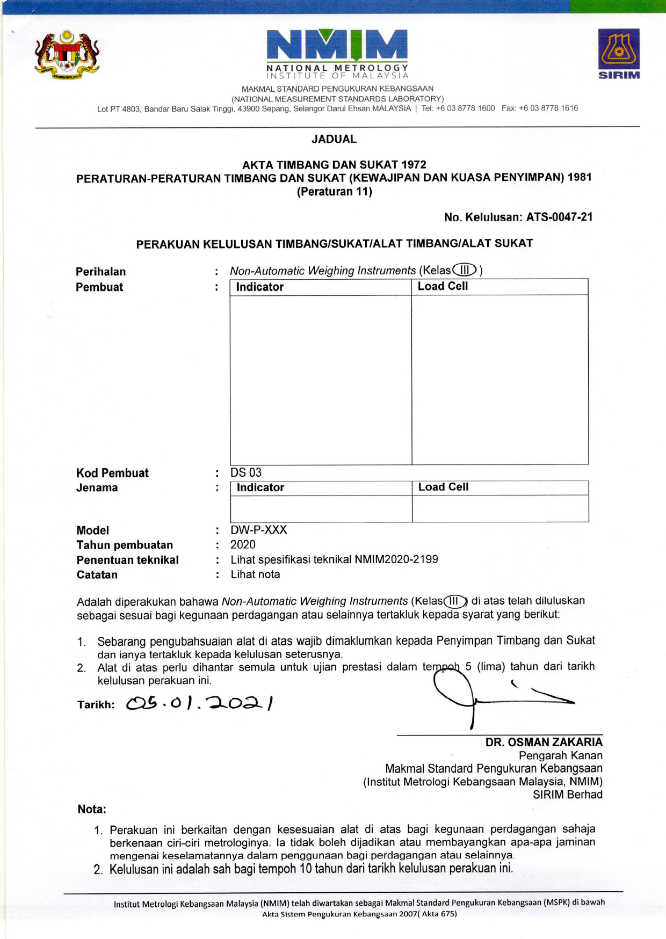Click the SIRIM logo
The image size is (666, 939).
point(619,54)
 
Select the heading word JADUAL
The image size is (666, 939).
point(334,139)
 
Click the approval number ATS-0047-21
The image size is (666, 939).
point(559,217)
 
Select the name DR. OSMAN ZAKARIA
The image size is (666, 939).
point(544,742)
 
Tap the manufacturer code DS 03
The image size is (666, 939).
point(246,472)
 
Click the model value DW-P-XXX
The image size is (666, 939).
point(259,530)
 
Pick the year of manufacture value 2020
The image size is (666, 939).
point(243,544)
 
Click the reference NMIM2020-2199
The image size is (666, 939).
point(396,559)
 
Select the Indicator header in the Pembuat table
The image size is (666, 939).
point(260,287)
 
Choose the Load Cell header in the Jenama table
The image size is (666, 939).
point(443,487)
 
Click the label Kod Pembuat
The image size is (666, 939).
point(112,473)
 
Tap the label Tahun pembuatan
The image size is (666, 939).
point(125,545)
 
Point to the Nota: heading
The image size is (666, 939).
point(92,809)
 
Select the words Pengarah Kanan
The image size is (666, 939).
point(560,755)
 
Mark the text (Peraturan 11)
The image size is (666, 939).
point(334,192)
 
